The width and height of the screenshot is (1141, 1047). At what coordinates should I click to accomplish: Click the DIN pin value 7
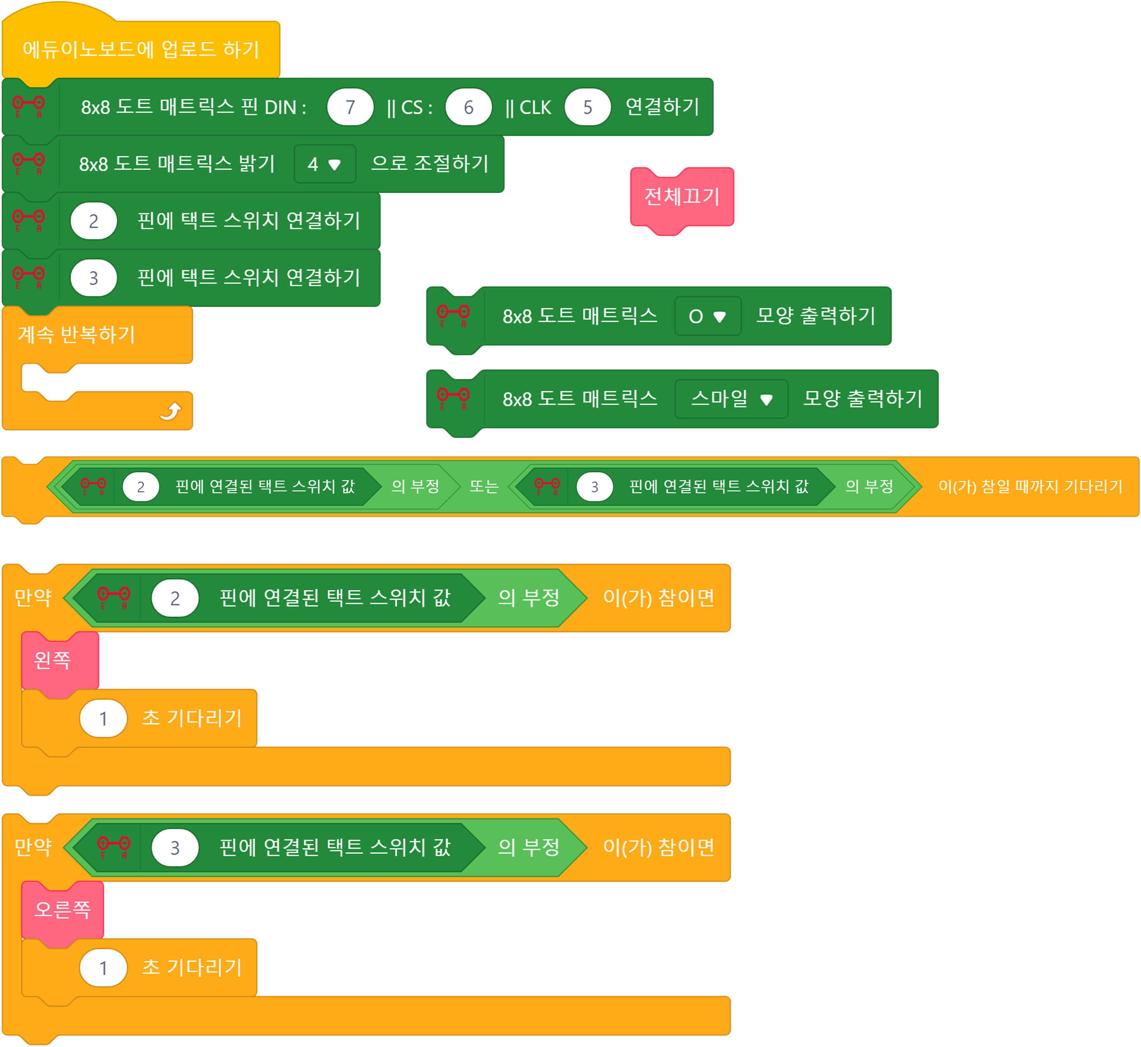[350, 107]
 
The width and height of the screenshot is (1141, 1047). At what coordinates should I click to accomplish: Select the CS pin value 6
[468, 107]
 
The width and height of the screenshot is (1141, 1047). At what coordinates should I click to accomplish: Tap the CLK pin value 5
[587, 107]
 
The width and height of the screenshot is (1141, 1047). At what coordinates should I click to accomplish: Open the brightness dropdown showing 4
[324, 164]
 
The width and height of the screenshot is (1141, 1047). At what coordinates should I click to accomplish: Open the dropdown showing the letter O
[707, 316]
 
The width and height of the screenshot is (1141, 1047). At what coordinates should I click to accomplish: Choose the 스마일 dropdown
[731, 399]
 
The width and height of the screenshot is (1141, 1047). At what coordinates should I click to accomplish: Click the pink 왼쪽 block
[53, 660]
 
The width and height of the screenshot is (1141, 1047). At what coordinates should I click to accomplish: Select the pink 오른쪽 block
[62, 909]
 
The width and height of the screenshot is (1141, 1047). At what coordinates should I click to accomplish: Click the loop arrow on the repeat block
[170, 411]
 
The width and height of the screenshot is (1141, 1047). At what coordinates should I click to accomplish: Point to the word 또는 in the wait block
[483, 487]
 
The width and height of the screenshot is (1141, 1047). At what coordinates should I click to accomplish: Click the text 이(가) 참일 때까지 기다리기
[1030, 487]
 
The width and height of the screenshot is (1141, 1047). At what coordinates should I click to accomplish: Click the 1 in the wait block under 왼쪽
[103, 719]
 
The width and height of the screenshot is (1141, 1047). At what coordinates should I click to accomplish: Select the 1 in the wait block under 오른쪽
[103, 968]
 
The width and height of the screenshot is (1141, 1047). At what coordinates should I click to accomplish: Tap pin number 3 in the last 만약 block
[175, 848]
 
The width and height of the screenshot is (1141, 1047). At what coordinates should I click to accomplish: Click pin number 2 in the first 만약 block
[175, 598]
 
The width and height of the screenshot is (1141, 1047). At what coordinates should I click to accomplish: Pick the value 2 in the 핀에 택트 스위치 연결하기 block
[94, 221]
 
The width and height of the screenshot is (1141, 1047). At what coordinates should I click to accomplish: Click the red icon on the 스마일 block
[453, 397]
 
